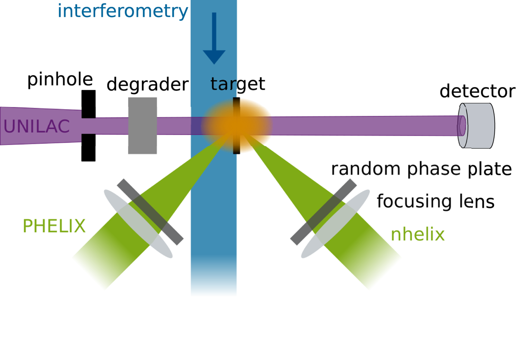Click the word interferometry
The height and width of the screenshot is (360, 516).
click(123, 11)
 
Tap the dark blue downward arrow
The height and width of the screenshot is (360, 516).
click(214, 38)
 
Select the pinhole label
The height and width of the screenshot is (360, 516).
click(60, 80)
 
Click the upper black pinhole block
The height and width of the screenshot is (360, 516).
click(89, 104)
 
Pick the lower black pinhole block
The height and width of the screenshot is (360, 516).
click(89, 147)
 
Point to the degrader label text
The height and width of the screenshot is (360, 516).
click(148, 85)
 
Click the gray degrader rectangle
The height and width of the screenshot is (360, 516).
click(142, 125)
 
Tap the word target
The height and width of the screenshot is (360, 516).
click(238, 84)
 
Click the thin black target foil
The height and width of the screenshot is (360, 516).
click(236, 125)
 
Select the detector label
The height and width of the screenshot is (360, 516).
click(477, 91)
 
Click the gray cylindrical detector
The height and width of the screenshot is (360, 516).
click(476, 126)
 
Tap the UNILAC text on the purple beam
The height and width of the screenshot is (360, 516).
click(37, 126)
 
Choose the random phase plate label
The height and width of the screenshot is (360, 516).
click(421, 169)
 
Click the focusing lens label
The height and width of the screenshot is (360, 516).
click(436, 201)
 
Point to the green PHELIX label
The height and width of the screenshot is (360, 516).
click(54, 226)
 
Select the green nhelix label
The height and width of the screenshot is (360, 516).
click(417, 235)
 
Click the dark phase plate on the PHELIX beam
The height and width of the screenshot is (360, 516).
click(150, 212)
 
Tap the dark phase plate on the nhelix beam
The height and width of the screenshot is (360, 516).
click(324, 212)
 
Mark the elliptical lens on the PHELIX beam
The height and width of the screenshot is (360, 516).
click(138, 224)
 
